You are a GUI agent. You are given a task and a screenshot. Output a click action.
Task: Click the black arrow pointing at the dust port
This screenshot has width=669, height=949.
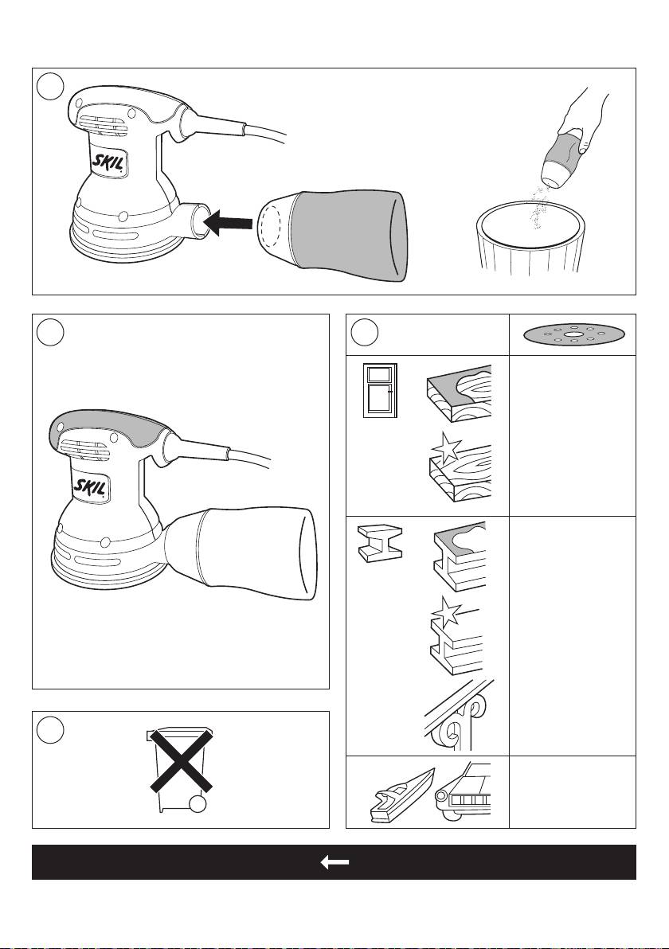click(228, 224)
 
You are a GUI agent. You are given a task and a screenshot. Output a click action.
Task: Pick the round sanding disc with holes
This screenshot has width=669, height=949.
click(572, 334)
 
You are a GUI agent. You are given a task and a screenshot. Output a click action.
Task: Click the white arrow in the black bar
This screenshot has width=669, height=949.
click(334, 862)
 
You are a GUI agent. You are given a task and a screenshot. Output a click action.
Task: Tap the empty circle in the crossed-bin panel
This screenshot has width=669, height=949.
click(49, 731)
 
